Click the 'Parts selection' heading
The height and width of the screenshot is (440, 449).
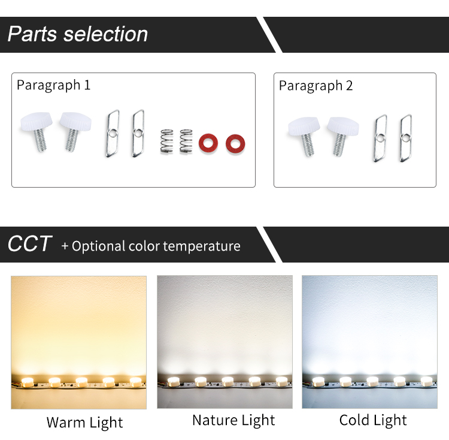(78, 34)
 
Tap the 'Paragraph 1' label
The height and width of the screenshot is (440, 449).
(53, 85)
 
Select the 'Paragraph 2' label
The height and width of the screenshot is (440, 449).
(315, 86)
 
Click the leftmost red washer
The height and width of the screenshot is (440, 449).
(208, 143)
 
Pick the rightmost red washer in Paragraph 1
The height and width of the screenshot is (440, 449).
(235, 144)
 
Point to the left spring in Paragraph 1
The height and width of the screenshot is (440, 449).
(166, 141)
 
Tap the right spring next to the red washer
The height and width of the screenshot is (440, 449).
(186, 141)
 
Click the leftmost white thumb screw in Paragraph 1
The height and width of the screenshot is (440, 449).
(37, 131)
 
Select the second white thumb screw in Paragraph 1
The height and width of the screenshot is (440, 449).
(75, 131)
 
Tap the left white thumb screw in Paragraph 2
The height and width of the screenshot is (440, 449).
(304, 136)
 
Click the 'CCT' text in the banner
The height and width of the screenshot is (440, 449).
(29, 244)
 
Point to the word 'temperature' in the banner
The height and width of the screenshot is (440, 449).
(202, 246)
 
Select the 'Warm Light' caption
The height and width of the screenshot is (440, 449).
(85, 423)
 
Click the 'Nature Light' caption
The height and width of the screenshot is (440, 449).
(233, 420)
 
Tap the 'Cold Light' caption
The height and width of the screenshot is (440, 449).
(373, 420)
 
